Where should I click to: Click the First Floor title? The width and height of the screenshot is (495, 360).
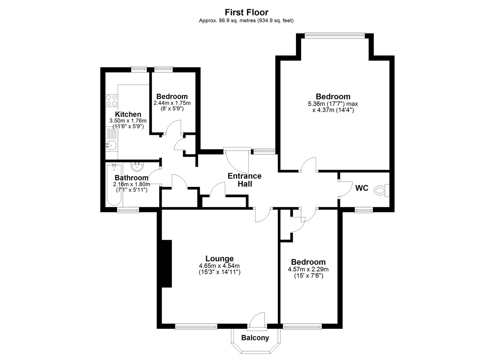[x=246, y=12]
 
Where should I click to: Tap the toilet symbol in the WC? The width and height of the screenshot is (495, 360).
[x=382, y=190]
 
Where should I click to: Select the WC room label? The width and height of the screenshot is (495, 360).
[x=362, y=188]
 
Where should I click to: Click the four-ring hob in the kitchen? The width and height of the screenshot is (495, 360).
[x=111, y=100]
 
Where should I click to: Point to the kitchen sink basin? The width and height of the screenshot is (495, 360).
[x=111, y=145]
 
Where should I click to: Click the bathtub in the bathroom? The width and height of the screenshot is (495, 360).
[x=114, y=185]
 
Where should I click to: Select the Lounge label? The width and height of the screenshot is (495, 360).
[x=219, y=258]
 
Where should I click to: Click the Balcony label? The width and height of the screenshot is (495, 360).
[x=255, y=338]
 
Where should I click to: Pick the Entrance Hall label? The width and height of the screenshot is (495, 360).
[x=245, y=180]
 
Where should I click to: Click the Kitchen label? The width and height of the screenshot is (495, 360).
[x=128, y=114]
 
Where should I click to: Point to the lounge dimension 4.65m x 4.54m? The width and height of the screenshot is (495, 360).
[x=219, y=266]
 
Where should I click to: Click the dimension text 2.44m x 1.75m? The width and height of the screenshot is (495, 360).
[x=172, y=103]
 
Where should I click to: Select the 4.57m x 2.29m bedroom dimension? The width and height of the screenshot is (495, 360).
[x=308, y=269]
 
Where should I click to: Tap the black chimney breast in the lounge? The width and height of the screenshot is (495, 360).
[x=166, y=264]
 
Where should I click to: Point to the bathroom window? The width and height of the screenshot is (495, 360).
[x=128, y=210]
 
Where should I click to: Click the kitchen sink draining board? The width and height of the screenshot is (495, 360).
[x=111, y=134]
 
